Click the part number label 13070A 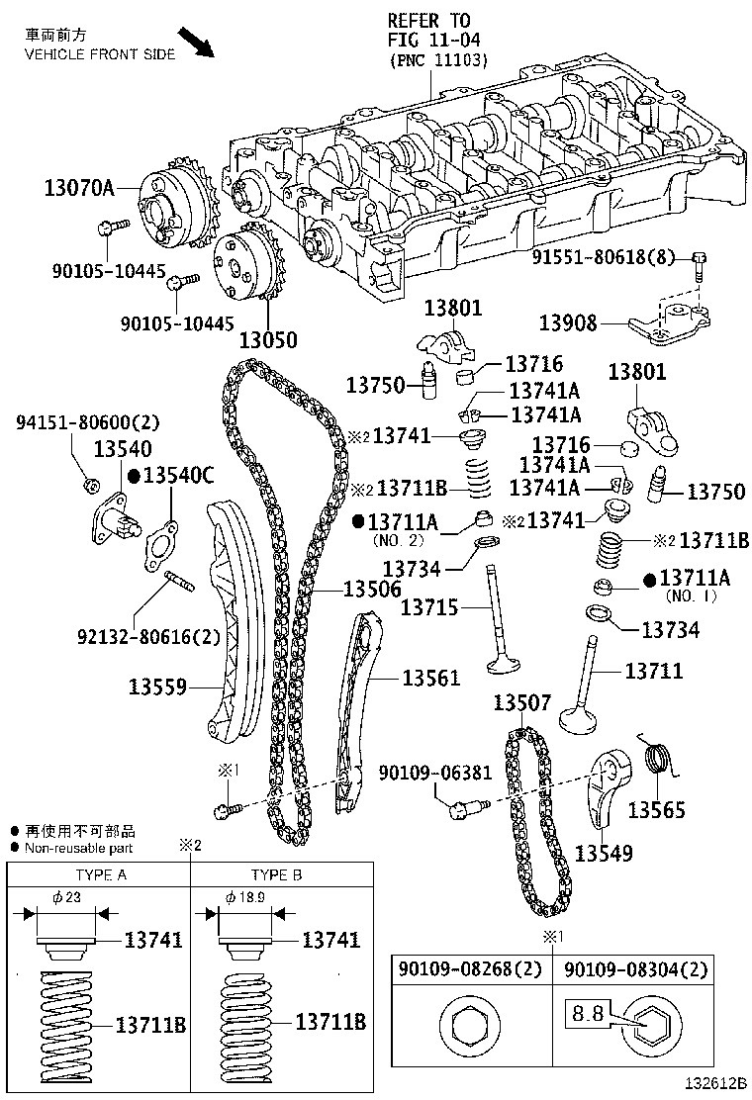[x=79, y=186]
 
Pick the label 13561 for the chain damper [x=430, y=678]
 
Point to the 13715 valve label [x=428, y=607]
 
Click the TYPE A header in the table [x=100, y=875]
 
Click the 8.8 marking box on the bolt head [x=585, y=1015]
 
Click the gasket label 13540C [x=179, y=475]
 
